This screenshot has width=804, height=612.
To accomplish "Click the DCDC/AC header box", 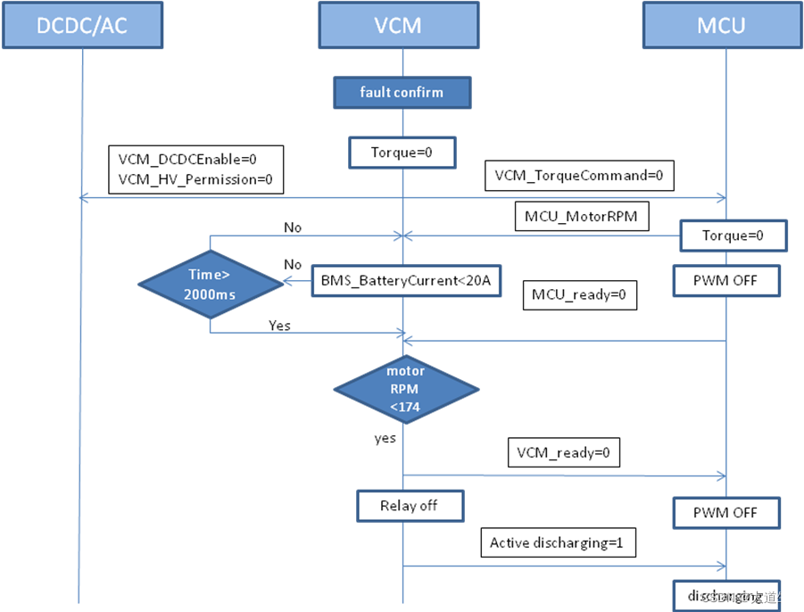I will [x=82, y=25].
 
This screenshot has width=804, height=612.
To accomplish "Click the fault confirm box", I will [x=402, y=93].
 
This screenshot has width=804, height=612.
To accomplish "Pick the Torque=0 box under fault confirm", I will [x=402, y=153].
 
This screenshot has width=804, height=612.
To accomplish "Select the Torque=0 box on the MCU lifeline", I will [x=733, y=236].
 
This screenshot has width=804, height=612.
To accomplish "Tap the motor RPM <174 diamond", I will [x=406, y=390].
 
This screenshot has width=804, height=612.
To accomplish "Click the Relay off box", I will [x=410, y=506].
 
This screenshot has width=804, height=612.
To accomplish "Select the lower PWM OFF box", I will [x=726, y=513].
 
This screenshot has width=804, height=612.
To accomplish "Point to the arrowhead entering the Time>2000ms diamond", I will [x=287, y=283].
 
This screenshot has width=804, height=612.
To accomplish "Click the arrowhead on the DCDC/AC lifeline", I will [x=84, y=198].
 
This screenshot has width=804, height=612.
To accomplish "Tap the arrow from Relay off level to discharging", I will [x=562, y=565].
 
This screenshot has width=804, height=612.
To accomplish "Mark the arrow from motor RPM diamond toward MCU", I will [x=562, y=476].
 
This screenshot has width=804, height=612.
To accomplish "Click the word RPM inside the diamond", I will [x=406, y=390].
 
